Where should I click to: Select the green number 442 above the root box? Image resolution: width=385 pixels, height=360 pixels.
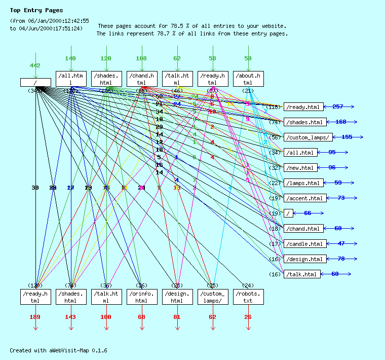35,66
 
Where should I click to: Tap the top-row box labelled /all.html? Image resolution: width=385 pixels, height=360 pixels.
71,79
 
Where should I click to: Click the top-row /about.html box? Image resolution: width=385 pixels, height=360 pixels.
248,79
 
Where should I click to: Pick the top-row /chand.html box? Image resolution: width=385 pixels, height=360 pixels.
142,79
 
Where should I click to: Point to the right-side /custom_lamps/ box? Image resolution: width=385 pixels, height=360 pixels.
309,137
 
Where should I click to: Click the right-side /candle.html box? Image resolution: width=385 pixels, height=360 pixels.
304,243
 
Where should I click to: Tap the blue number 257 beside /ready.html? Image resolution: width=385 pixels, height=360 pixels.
338,106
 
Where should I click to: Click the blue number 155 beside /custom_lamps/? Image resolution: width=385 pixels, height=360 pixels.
347,137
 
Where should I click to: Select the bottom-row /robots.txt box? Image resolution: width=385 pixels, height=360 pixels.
248,297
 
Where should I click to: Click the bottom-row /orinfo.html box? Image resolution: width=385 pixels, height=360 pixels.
142,297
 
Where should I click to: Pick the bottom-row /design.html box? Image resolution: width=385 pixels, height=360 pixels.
177,297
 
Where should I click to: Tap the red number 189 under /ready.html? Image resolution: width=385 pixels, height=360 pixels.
35,317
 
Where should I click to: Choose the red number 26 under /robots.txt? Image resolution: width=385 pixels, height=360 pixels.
248,317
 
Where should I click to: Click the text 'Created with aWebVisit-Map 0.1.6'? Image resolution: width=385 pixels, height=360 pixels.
58,350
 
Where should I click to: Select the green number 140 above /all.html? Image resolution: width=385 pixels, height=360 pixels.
70,58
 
